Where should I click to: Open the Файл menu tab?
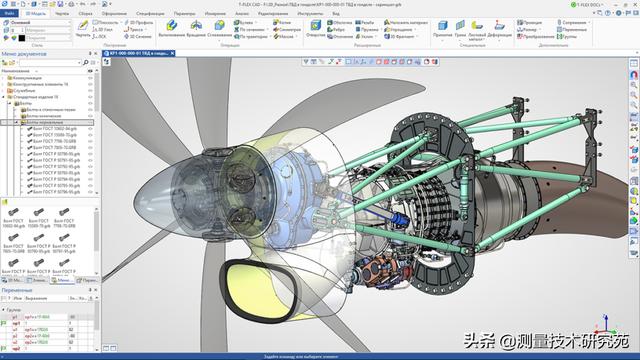tap(9, 14)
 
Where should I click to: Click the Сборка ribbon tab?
tap(86, 14)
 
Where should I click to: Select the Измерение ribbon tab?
tap(215, 14)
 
